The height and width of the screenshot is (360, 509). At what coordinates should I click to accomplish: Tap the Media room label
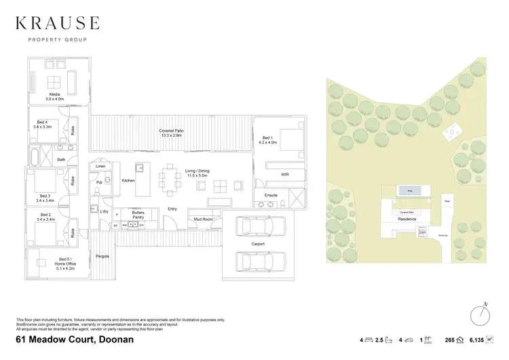pyautogui.click(x=55, y=96)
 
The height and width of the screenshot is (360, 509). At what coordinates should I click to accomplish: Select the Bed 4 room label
pyautogui.click(x=41, y=124)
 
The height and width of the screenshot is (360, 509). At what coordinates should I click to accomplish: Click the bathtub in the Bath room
pyautogui.click(x=35, y=160)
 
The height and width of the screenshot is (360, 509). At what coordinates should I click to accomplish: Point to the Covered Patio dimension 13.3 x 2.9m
pyautogui.click(x=172, y=135)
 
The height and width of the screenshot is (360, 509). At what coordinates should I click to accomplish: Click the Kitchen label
pyautogui.click(x=128, y=181)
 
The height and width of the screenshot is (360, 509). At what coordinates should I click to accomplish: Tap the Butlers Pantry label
pyautogui.click(x=138, y=215)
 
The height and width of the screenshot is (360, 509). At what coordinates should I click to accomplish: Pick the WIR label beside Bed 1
pyautogui.click(x=285, y=175)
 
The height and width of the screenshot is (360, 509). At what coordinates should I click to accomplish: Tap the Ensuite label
pyautogui.click(x=270, y=195)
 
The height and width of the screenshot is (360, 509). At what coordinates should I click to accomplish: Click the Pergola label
pyautogui.click(x=102, y=256)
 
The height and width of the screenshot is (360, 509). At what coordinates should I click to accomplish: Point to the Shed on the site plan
pyautogui.click(x=447, y=201)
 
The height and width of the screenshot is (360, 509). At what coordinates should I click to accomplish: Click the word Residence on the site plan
pyautogui.click(x=407, y=219)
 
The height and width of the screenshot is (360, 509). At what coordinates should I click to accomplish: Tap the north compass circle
pyautogui.click(x=480, y=316)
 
